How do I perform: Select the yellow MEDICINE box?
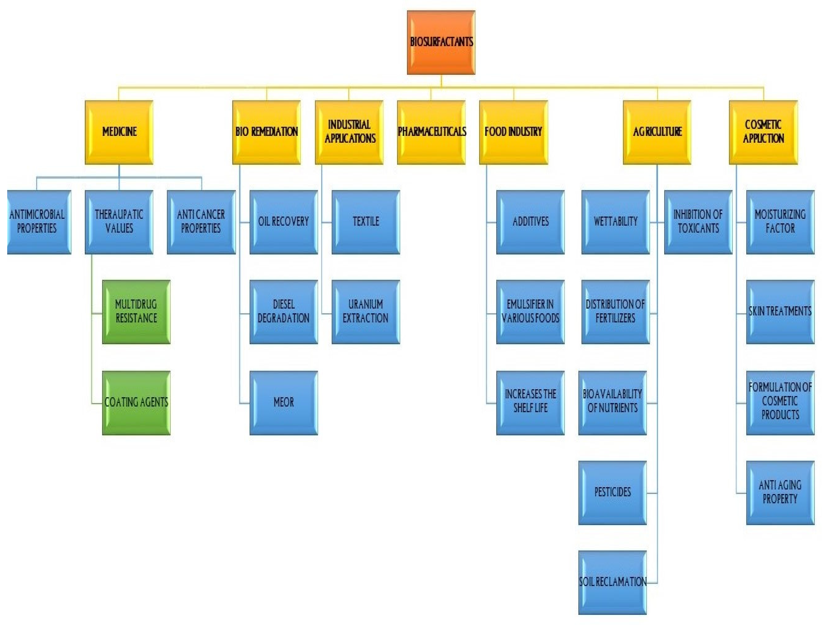tap(119, 132)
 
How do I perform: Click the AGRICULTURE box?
tap(657, 132)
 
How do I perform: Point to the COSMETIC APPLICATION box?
tap(763, 132)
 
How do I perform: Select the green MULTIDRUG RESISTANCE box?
tap(136, 312)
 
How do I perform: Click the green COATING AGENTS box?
tap(136, 402)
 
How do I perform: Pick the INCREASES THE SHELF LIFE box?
tap(530, 402)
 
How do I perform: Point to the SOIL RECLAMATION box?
tap(612, 582)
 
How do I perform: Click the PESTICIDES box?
tap(612, 493)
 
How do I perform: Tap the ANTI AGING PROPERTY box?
tap(780, 493)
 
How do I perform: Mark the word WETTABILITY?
tap(615, 222)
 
